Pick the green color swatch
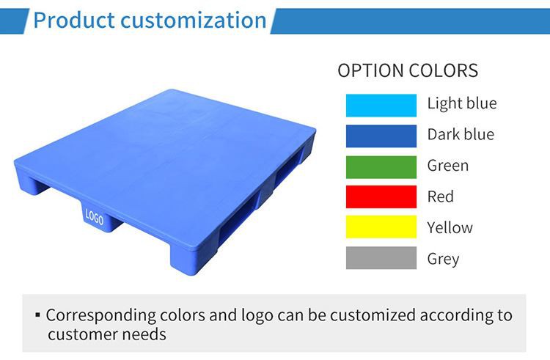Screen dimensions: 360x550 [381, 166]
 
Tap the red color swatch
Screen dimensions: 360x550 [381, 197]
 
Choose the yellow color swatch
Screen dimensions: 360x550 [381, 228]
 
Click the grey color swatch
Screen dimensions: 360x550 [381, 259]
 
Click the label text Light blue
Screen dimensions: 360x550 [461, 103]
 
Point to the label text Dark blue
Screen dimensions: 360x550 [461, 135]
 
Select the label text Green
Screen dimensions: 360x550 [447, 166]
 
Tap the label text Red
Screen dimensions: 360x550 [440, 196]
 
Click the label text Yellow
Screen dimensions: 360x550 [450, 228]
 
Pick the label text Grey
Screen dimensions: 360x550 [443, 259]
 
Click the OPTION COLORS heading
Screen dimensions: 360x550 [407, 71]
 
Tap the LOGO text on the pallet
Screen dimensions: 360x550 [94, 218]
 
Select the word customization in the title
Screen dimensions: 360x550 [194, 20]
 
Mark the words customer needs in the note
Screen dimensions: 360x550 [107, 335]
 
